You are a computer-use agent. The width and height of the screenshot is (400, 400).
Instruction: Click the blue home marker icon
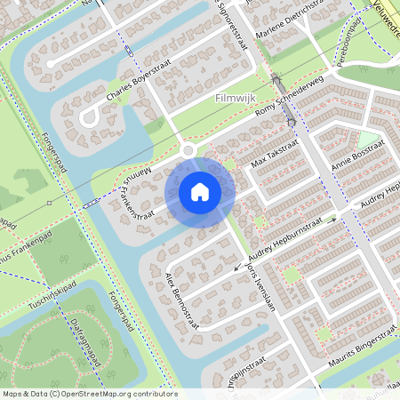(200, 191)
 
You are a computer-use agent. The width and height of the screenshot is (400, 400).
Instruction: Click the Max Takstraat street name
(270, 157)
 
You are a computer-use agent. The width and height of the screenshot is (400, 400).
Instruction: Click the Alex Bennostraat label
(183, 299)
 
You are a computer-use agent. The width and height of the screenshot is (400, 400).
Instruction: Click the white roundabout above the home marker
(188, 152)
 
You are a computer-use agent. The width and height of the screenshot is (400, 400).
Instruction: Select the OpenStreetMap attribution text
(89, 393)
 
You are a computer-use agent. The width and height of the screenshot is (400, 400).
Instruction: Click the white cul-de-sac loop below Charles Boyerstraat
(88, 117)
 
